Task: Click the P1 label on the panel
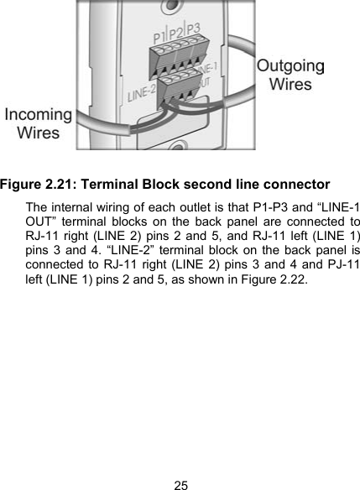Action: click(x=159, y=38)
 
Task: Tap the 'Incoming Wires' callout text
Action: click(x=38, y=123)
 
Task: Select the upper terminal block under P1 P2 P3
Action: click(x=180, y=56)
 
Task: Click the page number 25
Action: click(x=180, y=483)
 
